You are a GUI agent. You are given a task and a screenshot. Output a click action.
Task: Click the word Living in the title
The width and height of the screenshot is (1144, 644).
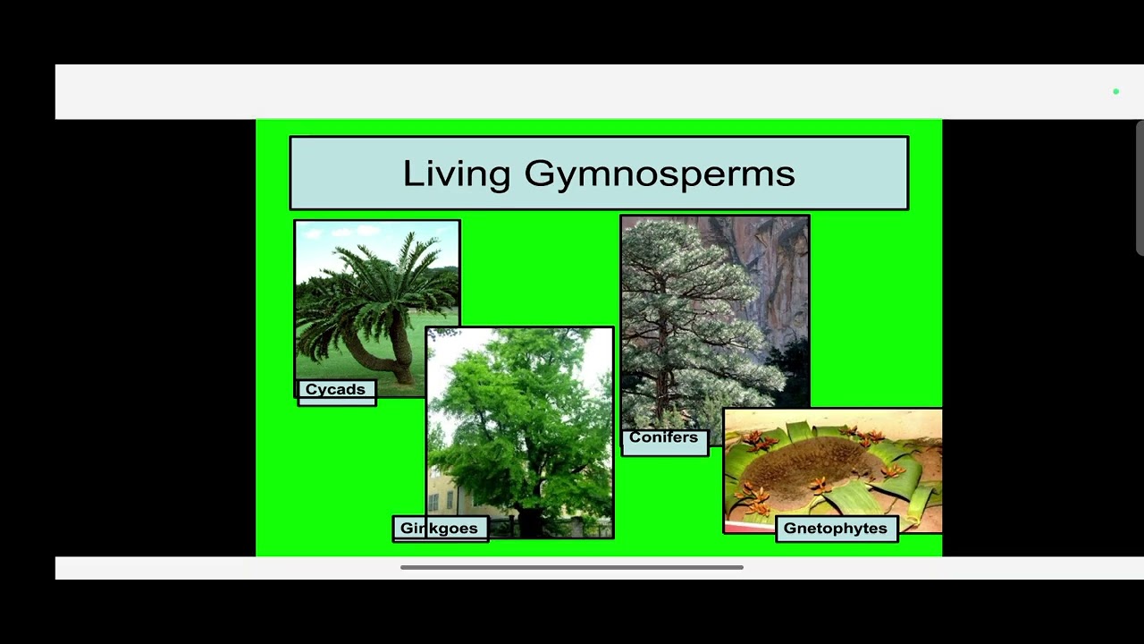click(456, 174)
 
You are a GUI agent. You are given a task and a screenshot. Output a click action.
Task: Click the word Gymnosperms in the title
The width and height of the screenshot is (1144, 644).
click(659, 174)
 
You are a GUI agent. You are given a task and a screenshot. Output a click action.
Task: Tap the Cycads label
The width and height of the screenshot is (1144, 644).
click(335, 390)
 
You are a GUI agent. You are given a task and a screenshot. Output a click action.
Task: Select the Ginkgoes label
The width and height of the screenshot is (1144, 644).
click(439, 529)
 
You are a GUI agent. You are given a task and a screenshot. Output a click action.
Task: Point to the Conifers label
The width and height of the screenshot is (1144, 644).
click(663, 437)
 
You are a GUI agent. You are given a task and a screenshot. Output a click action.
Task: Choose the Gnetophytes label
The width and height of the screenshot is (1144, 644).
click(835, 529)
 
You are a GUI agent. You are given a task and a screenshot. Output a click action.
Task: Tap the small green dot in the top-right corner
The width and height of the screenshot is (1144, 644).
click(1115, 91)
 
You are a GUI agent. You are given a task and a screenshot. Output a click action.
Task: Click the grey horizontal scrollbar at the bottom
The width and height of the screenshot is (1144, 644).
click(572, 567)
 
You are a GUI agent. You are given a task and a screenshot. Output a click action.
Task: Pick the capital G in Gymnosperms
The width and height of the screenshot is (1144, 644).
click(539, 173)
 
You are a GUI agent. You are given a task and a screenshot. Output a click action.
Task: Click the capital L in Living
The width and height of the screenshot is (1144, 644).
click(411, 173)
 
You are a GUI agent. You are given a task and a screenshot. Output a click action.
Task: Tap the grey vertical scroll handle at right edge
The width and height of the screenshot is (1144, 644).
click(1140, 188)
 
